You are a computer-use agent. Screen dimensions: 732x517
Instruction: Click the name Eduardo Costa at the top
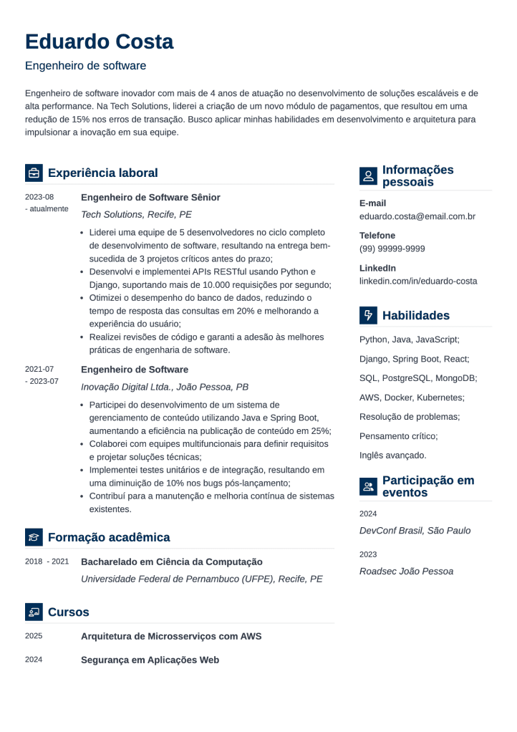(x=99, y=42)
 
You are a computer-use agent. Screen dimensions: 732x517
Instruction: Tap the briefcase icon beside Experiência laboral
(x=34, y=173)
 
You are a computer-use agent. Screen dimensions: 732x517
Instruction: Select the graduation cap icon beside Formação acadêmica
(x=34, y=537)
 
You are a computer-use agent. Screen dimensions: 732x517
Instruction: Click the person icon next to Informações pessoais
(x=368, y=175)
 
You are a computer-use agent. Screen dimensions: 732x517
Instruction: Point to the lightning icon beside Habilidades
(x=368, y=315)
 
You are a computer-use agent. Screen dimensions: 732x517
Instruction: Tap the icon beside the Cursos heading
(x=34, y=612)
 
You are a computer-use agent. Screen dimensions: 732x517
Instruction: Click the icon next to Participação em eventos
(x=368, y=487)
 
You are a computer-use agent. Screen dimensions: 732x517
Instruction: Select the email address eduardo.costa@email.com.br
(x=417, y=216)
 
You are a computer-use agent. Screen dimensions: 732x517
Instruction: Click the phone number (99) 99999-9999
(x=392, y=249)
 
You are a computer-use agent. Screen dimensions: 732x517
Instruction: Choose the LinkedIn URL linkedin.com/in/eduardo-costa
(x=418, y=281)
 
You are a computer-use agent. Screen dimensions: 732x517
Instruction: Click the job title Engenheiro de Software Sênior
(x=150, y=197)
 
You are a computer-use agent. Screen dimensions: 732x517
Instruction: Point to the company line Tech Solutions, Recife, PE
(x=136, y=214)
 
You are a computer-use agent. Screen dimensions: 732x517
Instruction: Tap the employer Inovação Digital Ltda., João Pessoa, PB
(x=165, y=387)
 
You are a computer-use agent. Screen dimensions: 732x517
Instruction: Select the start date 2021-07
(x=39, y=370)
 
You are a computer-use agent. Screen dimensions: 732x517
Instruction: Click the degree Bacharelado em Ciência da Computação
(x=172, y=562)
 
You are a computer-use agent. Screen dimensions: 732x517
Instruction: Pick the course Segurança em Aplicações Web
(x=150, y=660)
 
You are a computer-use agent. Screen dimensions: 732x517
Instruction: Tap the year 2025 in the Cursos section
(x=34, y=636)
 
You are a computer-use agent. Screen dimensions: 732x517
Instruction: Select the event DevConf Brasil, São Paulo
(x=415, y=531)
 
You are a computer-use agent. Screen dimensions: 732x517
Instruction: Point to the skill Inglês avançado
(x=392, y=455)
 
